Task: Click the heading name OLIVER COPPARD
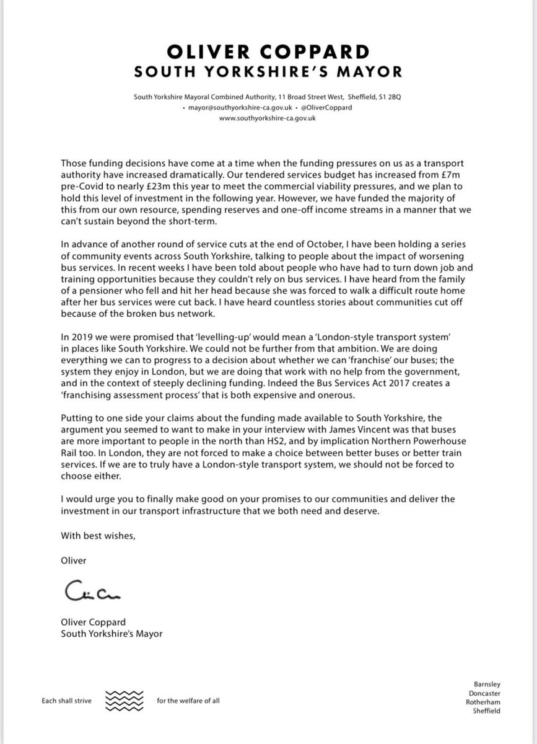pos(268,50)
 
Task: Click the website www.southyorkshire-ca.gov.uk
pos(268,118)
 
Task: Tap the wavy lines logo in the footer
pos(125,701)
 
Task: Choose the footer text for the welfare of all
pos(188,701)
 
